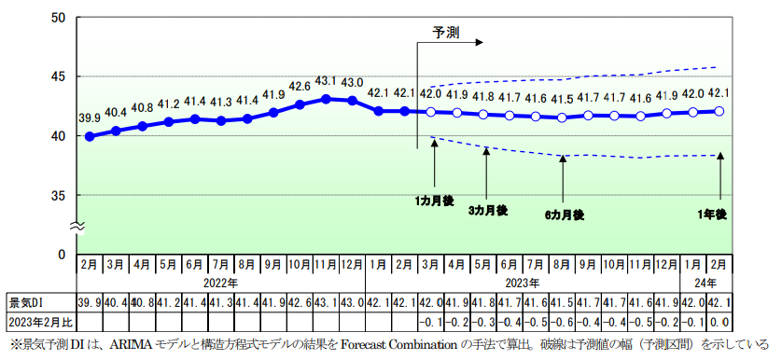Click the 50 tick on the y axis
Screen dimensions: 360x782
tap(58, 18)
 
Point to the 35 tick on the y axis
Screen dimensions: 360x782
tap(58, 195)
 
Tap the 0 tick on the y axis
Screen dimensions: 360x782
tap(62, 254)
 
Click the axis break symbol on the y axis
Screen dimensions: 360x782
tap(79, 225)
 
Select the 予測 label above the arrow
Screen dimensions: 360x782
tap(445, 31)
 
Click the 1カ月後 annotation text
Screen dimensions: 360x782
tap(435, 200)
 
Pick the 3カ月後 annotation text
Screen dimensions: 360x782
tap(487, 210)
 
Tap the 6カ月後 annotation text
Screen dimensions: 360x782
tap(564, 215)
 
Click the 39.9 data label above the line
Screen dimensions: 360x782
tap(89, 118)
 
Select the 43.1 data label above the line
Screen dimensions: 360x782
tap(326, 81)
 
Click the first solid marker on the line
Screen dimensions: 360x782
tap(90, 136)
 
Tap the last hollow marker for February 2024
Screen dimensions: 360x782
tap(719, 110)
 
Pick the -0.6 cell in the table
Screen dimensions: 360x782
tap(562, 322)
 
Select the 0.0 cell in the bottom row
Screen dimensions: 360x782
tap(719, 322)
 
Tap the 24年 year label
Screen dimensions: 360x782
tap(706, 283)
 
